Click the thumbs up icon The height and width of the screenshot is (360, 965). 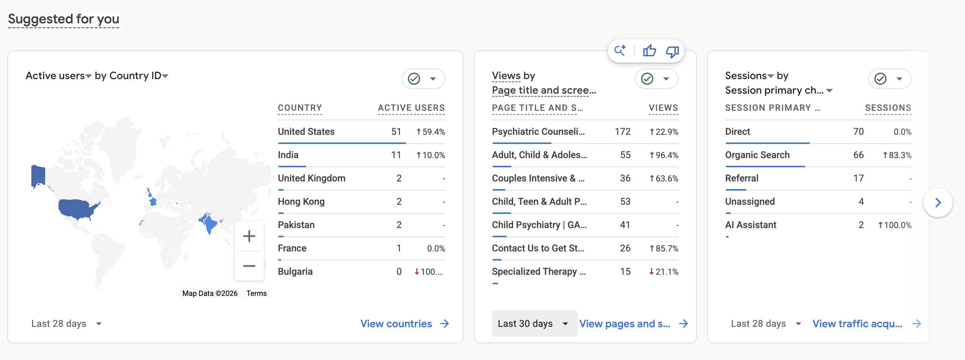649,51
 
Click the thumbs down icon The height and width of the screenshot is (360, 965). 672,51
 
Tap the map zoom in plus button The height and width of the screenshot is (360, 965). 249,236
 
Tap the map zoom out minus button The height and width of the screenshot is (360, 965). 249,266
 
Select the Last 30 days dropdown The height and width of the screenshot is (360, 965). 534,323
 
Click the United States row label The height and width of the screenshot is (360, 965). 306,132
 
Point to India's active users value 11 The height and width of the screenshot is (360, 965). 396,155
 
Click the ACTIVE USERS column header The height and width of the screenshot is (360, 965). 411,108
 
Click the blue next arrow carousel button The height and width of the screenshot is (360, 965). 938,203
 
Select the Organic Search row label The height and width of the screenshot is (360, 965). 757,155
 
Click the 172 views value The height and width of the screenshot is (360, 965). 622,132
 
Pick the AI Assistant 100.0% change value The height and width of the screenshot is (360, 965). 895,225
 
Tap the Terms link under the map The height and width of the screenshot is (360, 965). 256,293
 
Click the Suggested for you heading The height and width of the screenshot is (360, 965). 64,19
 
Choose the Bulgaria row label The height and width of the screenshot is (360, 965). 295,271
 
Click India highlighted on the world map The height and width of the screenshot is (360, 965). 210,223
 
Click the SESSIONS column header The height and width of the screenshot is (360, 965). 888,108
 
